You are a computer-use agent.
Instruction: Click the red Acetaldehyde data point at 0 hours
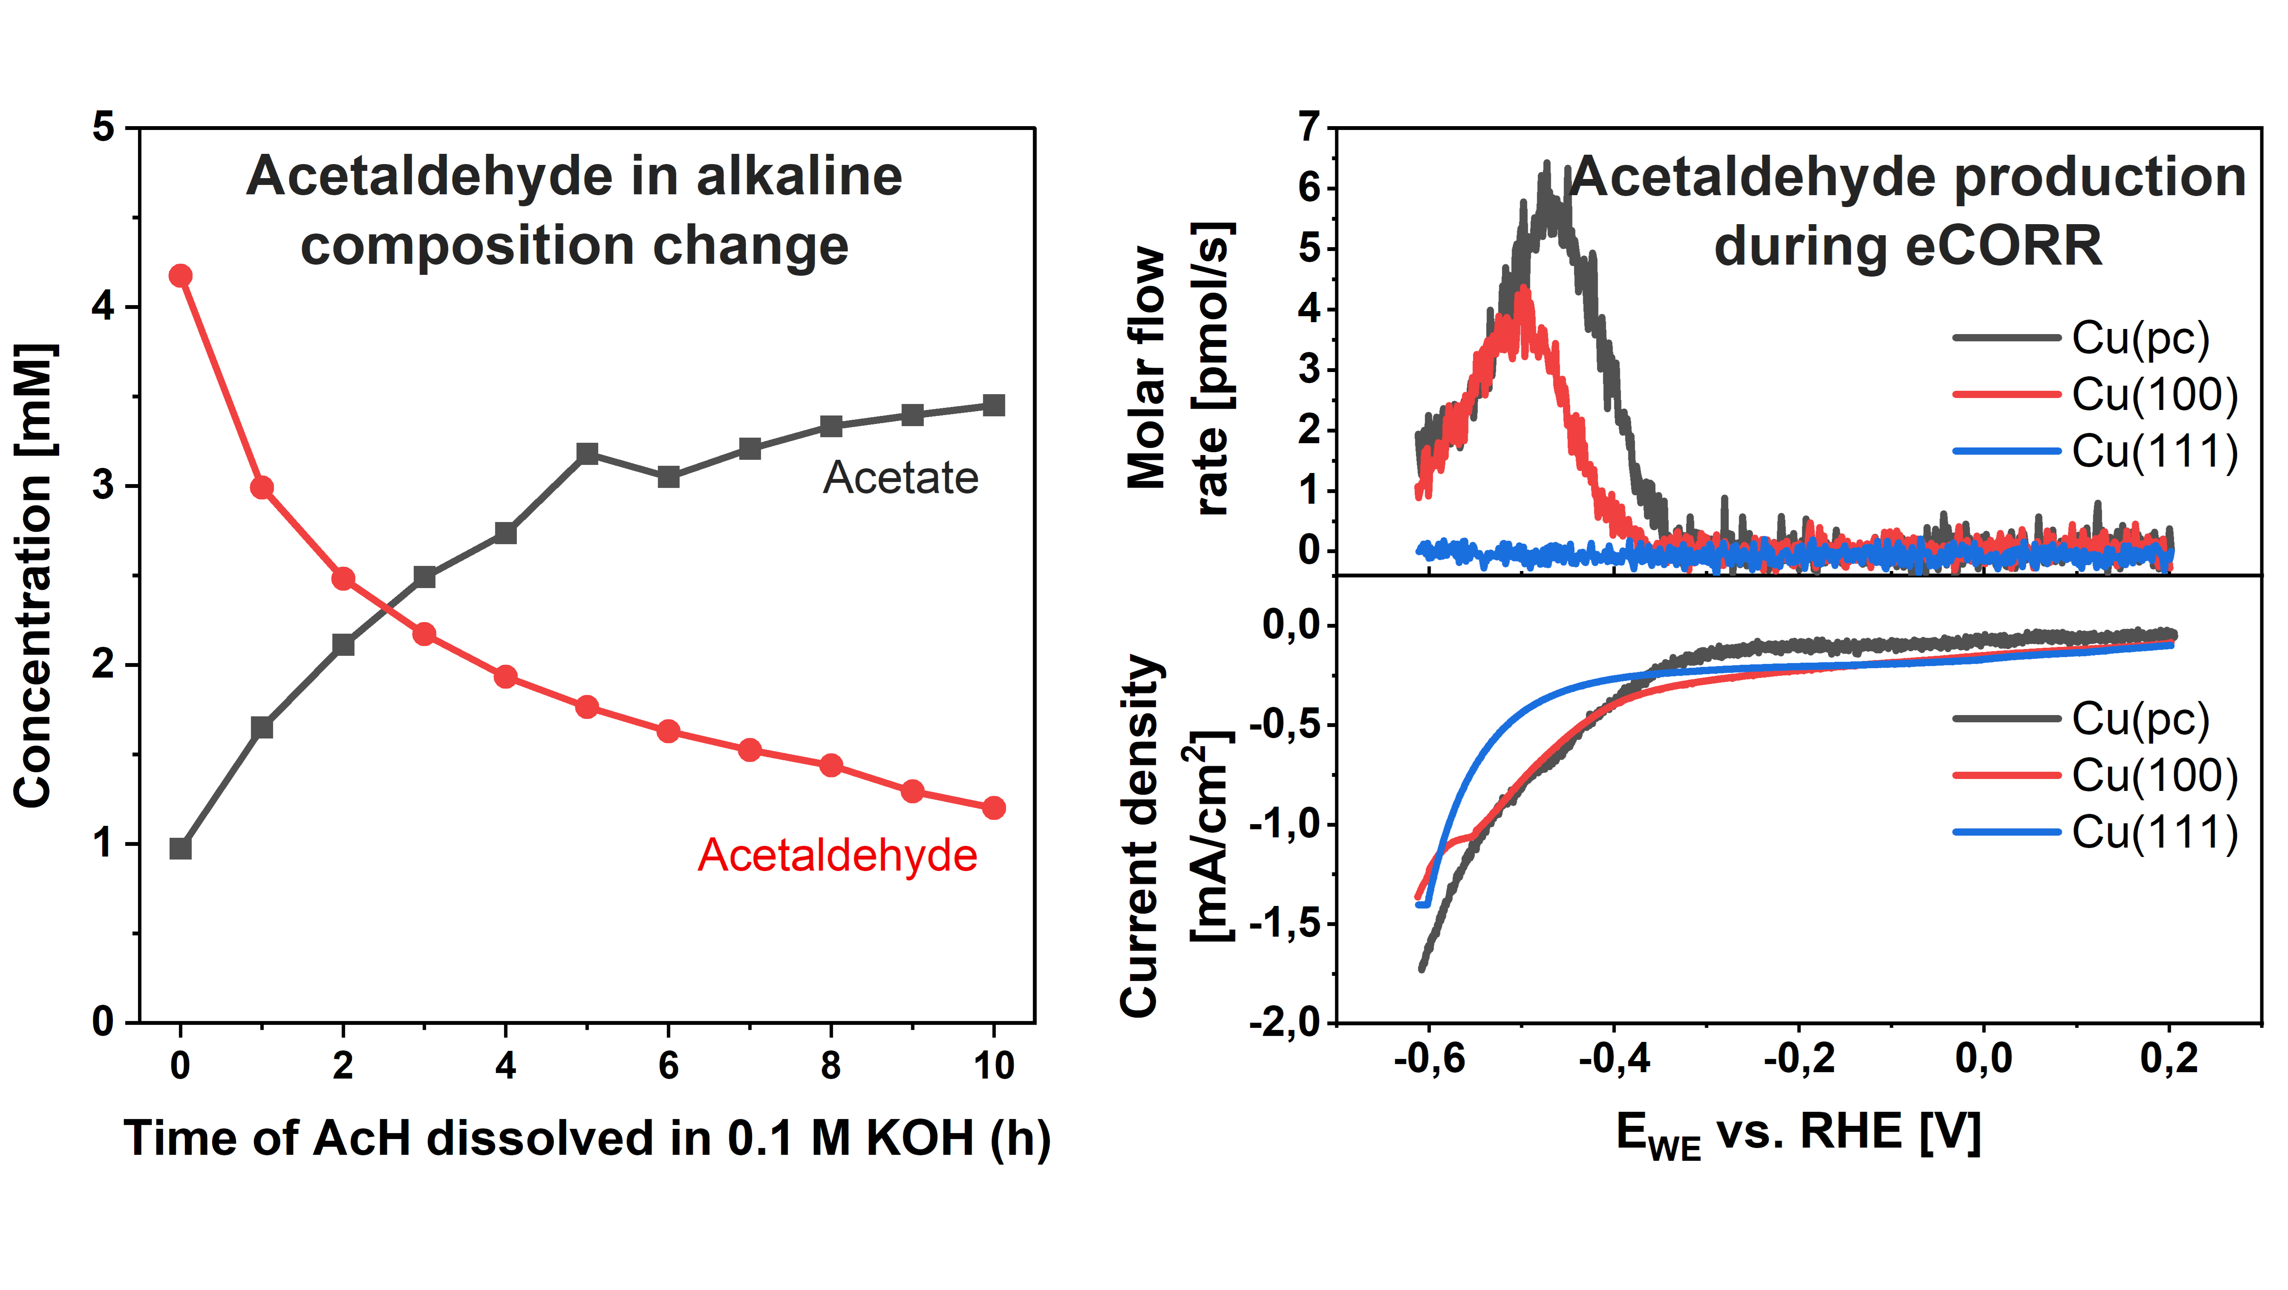(180, 275)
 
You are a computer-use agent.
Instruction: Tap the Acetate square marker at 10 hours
(994, 405)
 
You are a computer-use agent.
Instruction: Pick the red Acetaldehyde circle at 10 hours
(994, 808)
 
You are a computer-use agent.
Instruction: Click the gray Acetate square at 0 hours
(180, 848)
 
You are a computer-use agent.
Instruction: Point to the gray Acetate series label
(900, 478)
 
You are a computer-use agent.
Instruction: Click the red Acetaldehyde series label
(837, 856)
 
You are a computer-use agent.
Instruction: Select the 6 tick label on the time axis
(668, 1064)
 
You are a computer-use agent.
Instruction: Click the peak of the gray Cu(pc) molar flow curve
(1546, 163)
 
